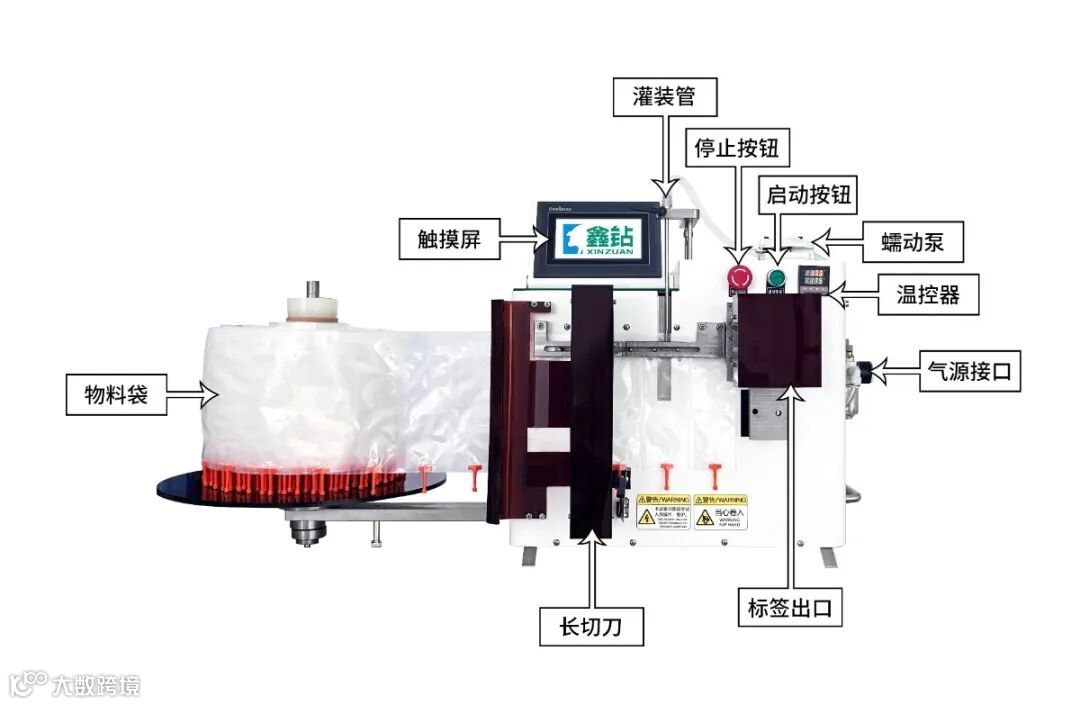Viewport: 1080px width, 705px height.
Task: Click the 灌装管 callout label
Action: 663,96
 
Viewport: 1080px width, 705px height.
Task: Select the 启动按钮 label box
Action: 808,194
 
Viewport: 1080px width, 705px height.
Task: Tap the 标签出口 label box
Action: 789,607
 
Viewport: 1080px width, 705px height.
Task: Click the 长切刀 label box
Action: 587,626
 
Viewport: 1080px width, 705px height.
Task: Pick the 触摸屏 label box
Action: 449,240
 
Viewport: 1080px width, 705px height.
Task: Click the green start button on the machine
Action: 776,279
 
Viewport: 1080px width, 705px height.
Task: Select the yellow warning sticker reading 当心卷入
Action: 720,512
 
